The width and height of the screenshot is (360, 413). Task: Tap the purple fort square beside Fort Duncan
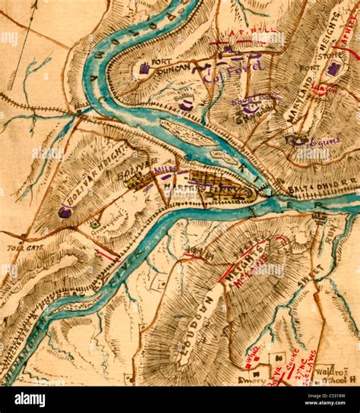pyautogui.click(x=144, y=69)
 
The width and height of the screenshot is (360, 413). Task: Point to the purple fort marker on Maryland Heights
pyautogui.click(x=333, y=70)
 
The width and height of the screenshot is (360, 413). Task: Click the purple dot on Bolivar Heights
pyautogui.click(x=65, y=213)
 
